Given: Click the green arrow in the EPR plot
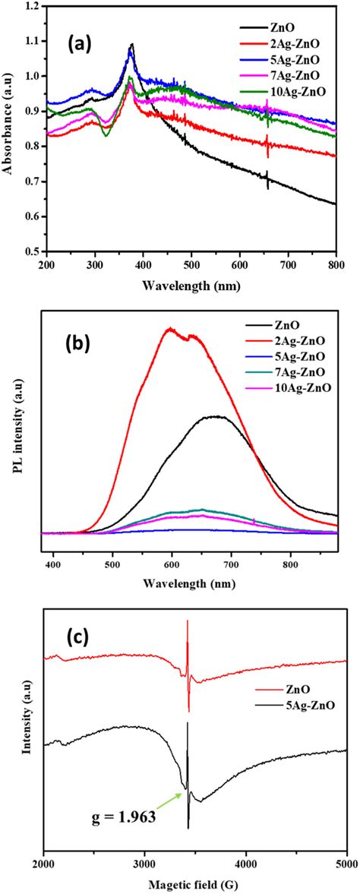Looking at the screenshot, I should point(166,803).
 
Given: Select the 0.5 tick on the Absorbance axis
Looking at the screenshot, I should point(32,251).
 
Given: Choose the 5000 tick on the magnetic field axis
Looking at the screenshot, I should point(346,864).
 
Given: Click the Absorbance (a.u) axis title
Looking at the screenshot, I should point(8,129).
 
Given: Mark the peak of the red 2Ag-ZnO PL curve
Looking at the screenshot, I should point(171,329).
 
